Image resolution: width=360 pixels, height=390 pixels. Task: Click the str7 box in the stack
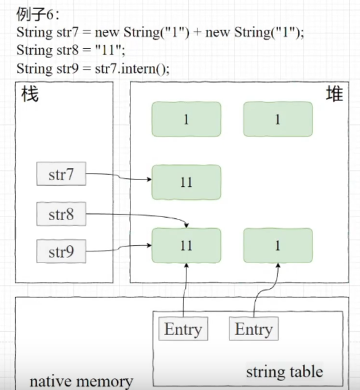(61, 174)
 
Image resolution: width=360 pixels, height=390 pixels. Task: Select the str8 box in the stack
(61, 214)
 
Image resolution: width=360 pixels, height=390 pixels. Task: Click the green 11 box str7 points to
(186, 182)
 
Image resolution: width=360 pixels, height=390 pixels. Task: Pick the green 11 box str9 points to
(186, 245)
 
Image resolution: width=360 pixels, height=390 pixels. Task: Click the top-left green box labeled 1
(186, 119)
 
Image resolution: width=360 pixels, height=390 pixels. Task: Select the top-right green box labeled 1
(278, 119)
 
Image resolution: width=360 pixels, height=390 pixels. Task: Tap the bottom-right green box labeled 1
(278, 245)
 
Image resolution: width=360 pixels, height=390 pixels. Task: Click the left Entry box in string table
(183, 329)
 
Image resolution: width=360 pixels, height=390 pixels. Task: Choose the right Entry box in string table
(254, 329)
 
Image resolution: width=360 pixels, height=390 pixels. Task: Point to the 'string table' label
(284, 370)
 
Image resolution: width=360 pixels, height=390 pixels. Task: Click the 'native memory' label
(81, 382)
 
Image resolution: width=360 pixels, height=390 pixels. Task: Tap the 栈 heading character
(30, 94)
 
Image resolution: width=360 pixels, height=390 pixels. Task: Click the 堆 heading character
(334, 94)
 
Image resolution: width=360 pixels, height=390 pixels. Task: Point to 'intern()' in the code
(147, 68)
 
